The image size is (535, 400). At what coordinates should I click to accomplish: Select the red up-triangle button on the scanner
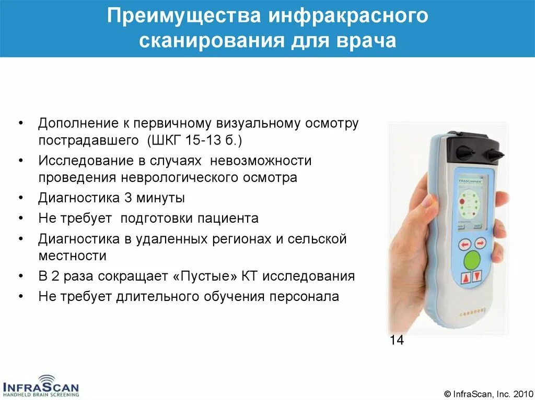point(464,278)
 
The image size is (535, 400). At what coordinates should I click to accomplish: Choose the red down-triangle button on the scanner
point(476,277)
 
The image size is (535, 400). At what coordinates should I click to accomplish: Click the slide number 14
point(397,341)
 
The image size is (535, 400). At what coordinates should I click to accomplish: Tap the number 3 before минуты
point(127,198)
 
